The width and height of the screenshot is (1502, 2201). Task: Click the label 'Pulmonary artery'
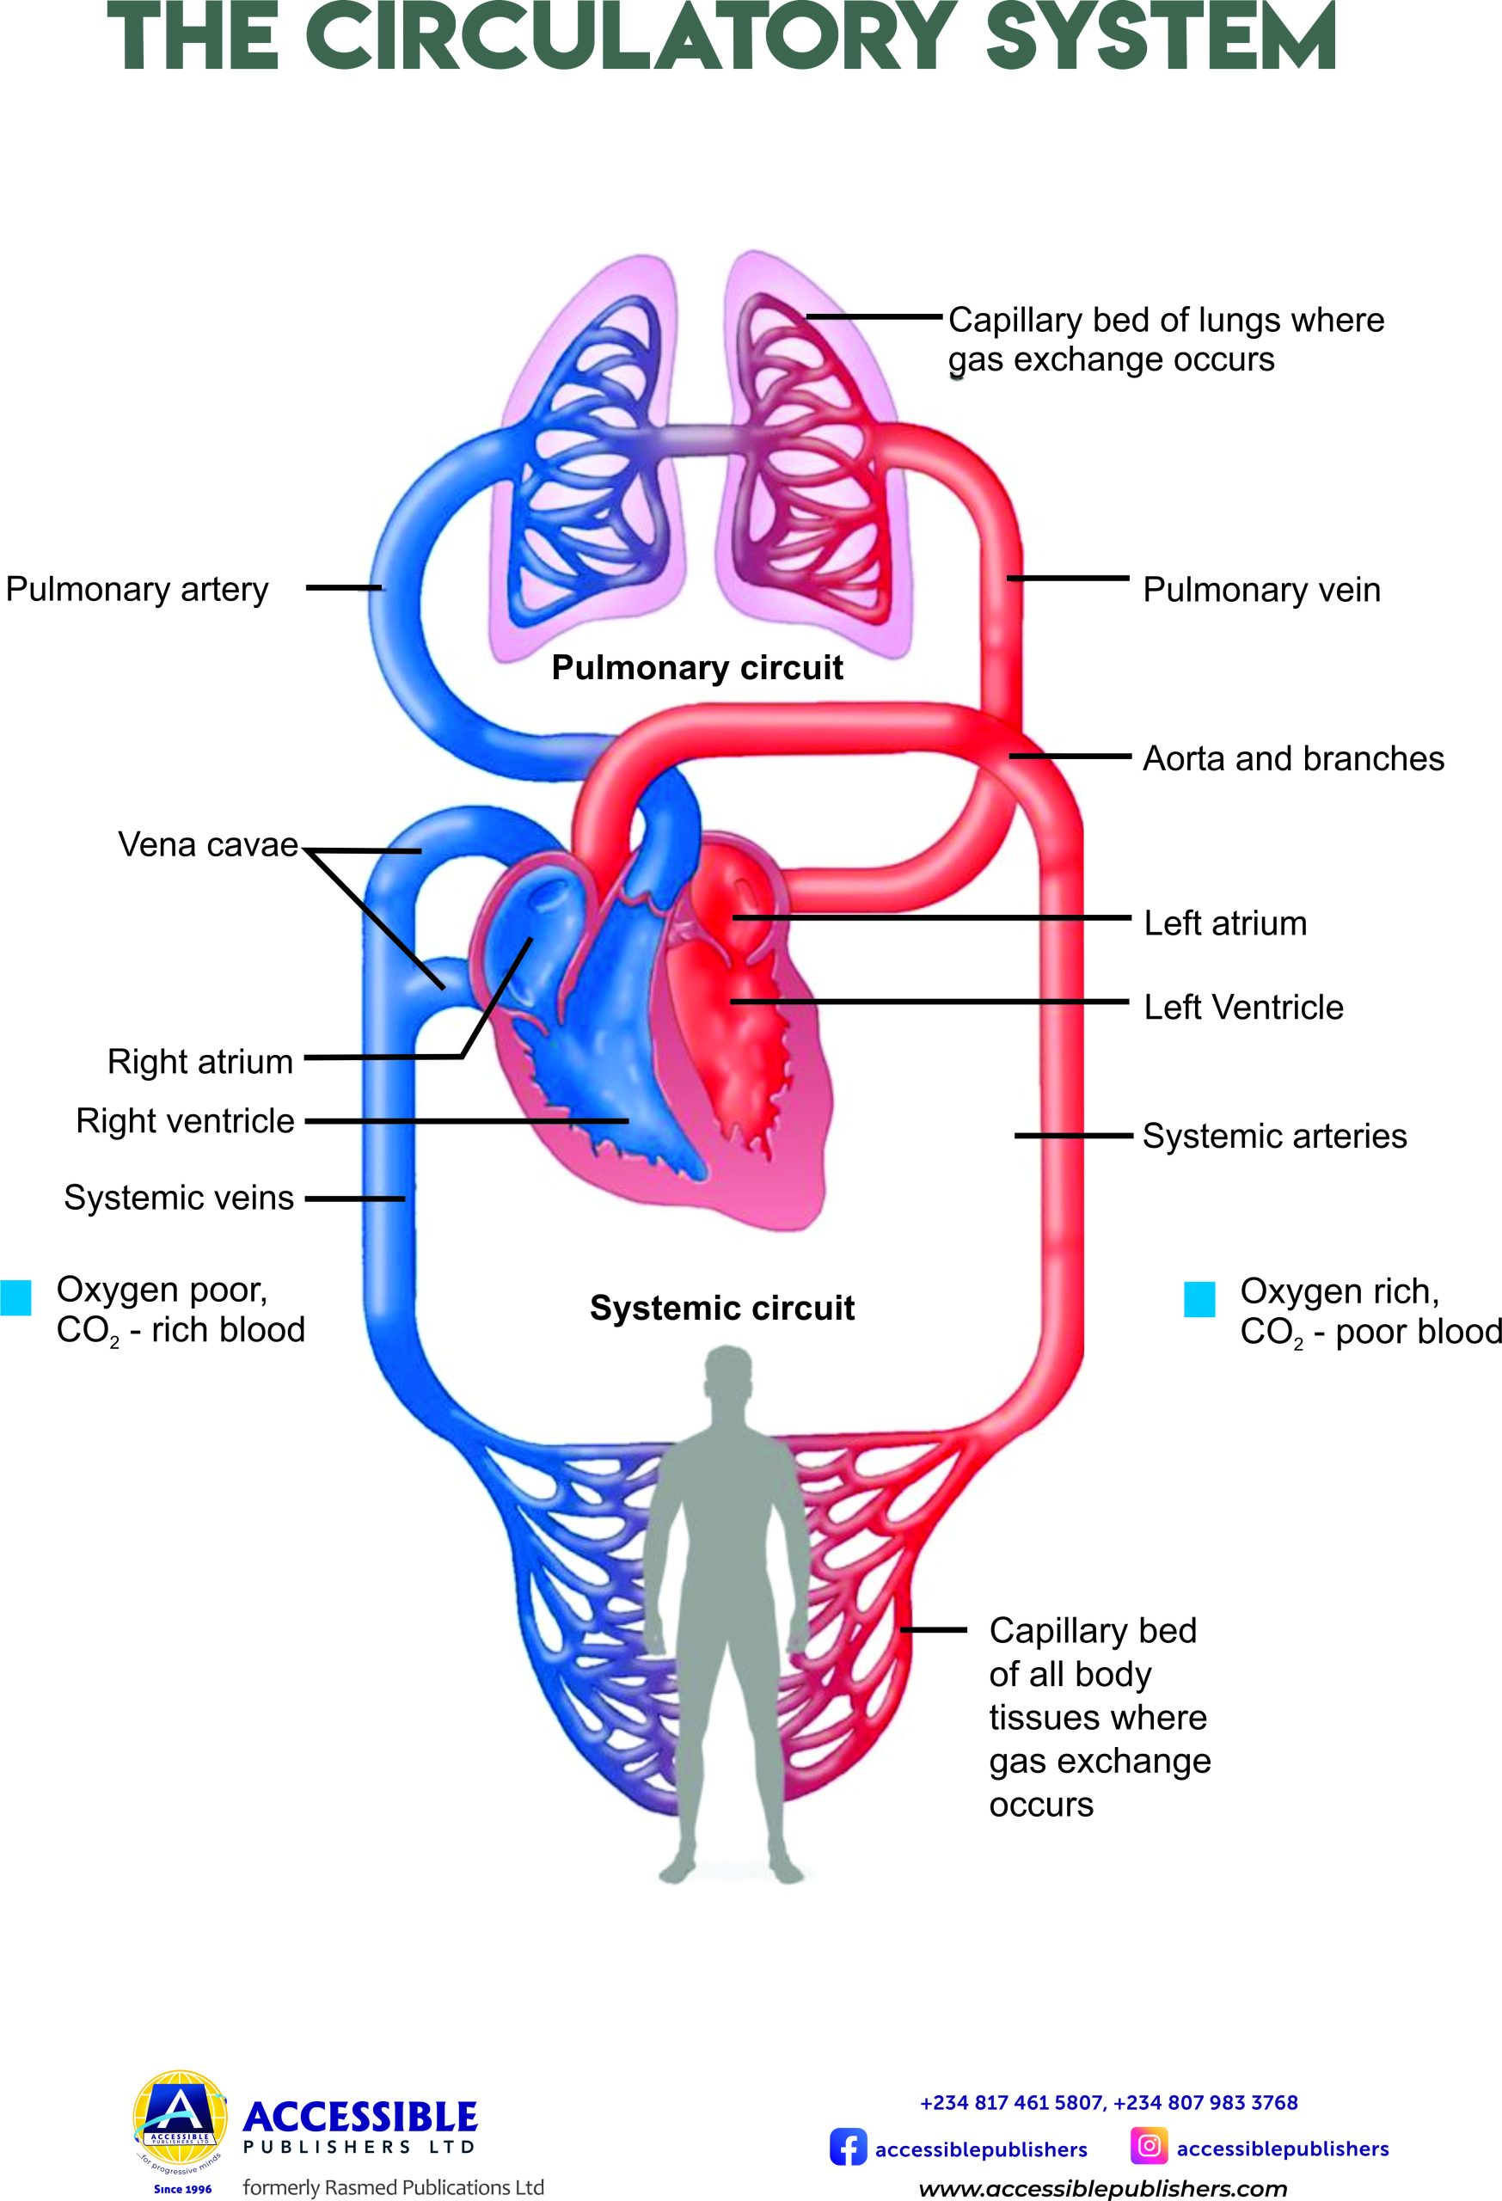coord(138,589)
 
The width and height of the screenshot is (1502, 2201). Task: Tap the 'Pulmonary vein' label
coord(1260,590)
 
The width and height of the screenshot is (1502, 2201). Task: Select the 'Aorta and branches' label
coord(1293,758)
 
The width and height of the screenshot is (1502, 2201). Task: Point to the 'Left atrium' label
coord(1224,923)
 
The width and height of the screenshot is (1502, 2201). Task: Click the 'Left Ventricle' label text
coord(1242,1007)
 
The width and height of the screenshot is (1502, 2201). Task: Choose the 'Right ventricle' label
coord(186,1120)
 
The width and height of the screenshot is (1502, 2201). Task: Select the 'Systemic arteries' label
coord(1274,1136)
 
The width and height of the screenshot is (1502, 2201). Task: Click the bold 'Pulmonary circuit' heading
coord(697,668)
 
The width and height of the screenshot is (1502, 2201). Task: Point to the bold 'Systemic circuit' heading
coord(721,1308)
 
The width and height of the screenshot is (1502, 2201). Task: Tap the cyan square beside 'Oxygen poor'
coord(16,1297)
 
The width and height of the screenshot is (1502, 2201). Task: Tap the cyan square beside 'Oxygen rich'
coord(1199,1299)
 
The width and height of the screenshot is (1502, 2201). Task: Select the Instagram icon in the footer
coord(1148,2145)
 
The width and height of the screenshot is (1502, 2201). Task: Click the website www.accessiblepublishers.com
coord(1102,2188)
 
